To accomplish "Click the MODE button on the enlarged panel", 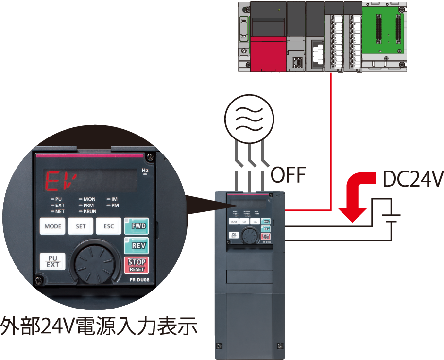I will (x=52, y=226).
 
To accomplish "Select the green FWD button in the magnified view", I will (x=137, y=226).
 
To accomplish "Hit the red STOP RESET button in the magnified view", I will (x=137, y=265).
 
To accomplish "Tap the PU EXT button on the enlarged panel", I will (x=52, y=261).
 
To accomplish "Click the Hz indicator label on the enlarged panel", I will (x=144, y=171).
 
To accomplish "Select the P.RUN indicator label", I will (x=89, y=212).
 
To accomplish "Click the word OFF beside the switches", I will (x=288, y=175).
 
